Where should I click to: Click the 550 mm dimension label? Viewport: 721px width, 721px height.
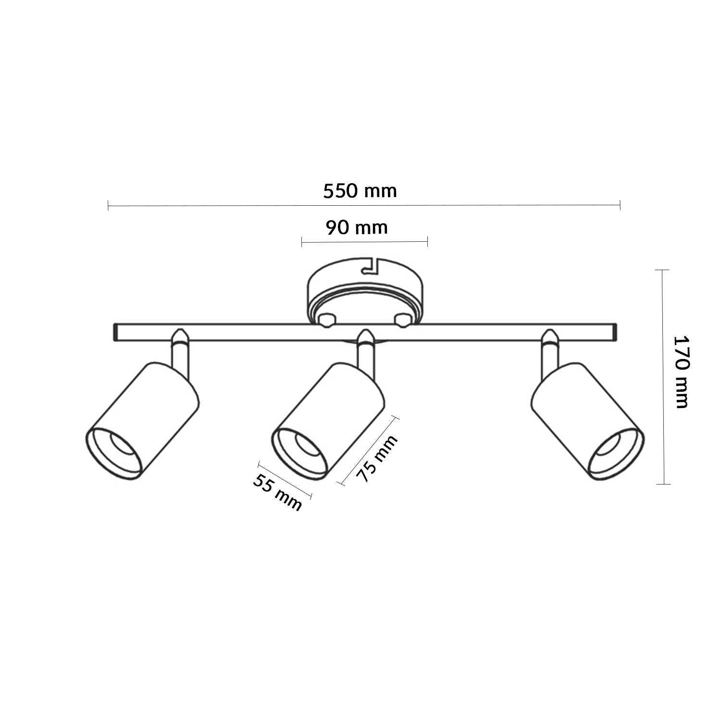[360, 191]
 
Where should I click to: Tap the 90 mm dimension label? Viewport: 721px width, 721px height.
[357, 227]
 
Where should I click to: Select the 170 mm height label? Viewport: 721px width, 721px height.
[681, 372]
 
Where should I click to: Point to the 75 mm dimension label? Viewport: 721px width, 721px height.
[378, 458]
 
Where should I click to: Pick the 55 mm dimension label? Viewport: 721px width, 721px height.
[277, 492]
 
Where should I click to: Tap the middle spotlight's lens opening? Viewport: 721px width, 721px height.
[307, 446]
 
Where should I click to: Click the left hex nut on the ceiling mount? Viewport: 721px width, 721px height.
[327, 320]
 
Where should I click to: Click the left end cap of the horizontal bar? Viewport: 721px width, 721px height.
[115, 333]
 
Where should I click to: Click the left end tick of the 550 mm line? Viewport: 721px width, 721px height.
[108, 206]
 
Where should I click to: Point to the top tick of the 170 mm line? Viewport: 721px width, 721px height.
[663, 270]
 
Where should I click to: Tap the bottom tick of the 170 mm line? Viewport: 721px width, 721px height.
[663, 484]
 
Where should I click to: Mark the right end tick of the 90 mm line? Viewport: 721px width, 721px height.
[427, 241]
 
